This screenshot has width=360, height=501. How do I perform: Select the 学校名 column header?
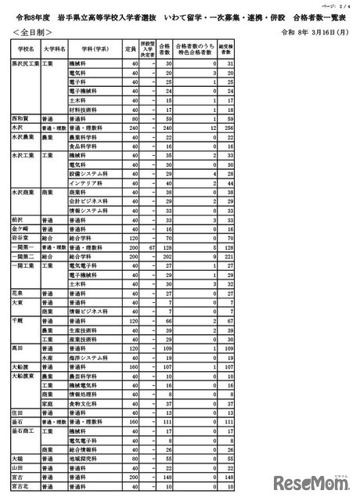[x=24, y=48]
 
